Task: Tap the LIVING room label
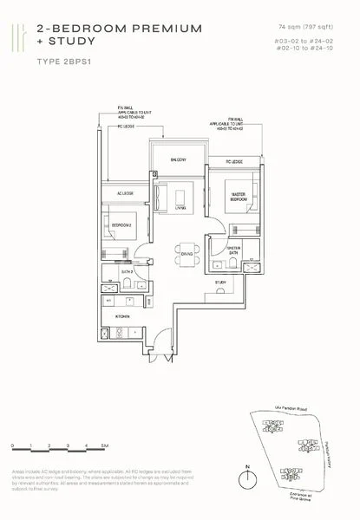[181, 209]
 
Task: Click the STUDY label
[221, 283]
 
